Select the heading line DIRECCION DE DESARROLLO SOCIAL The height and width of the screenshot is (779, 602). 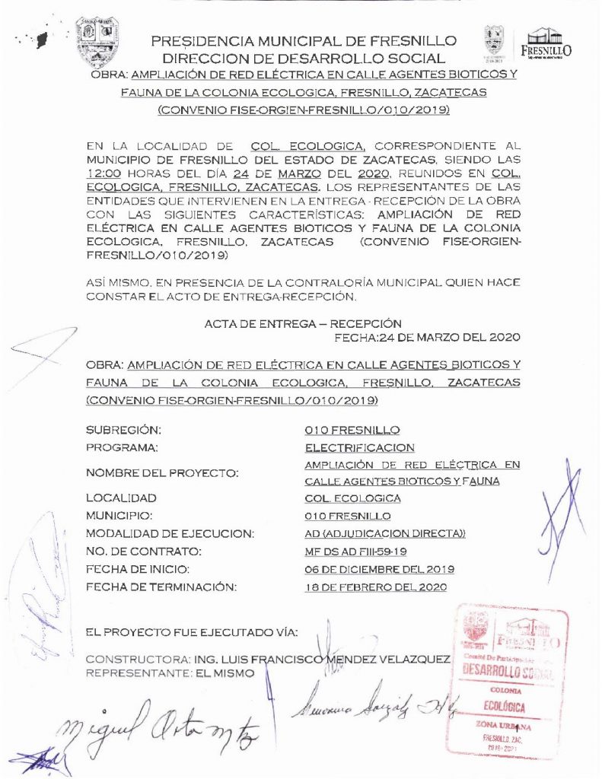[304, 58]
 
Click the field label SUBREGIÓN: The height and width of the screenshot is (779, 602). [124, 430]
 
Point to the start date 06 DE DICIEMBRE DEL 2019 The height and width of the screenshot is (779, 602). [379, 569]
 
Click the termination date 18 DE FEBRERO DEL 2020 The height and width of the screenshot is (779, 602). [375, 587]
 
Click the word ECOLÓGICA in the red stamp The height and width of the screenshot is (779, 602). [505, 707]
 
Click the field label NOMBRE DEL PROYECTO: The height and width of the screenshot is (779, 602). [162, 473]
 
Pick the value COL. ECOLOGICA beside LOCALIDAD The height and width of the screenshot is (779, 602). [352, 498]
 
